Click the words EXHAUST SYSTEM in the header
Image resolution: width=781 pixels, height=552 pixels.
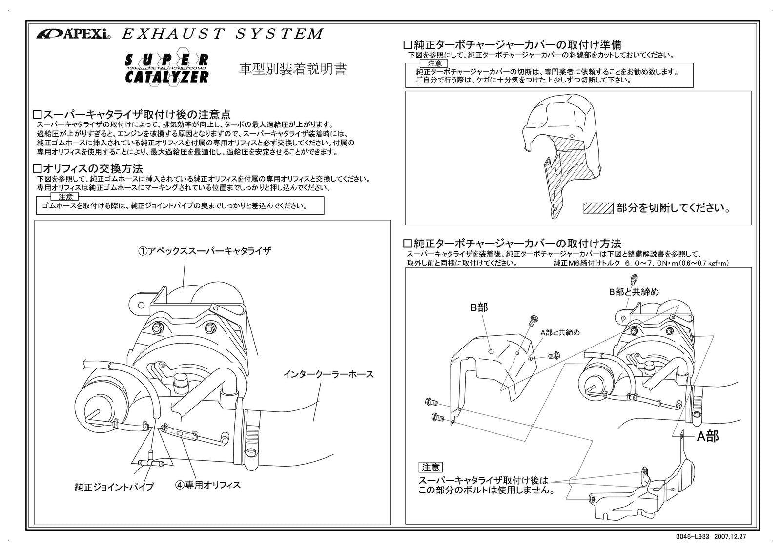click(222, 34)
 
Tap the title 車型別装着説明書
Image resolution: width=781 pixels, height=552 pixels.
click(293, 69)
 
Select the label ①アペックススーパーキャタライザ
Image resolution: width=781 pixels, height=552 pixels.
click(204, 251)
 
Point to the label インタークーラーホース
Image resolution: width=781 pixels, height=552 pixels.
click(328, 374)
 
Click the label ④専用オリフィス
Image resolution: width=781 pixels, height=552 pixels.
click(208, 485)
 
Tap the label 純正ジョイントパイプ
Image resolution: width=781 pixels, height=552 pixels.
click(114, 487)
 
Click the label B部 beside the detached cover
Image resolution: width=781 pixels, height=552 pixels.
click(479, 307)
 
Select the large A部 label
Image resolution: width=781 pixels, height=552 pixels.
click(707, 436)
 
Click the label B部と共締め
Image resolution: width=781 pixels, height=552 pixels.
click(634, 292)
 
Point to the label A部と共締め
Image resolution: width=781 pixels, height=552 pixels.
click(560, 332)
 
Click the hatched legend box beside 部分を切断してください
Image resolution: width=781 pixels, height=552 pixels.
click(598, 208)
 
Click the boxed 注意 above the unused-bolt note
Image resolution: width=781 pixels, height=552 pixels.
click(430, 468)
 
